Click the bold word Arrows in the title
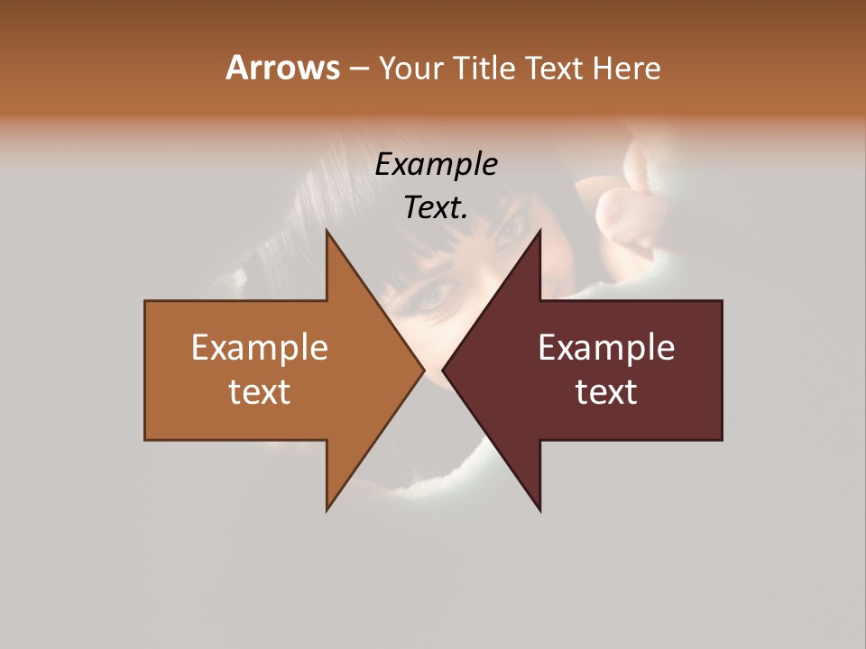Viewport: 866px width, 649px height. pos(281,68)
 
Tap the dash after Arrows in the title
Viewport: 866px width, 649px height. pos(358,69)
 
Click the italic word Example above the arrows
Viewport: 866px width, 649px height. pos(436,165)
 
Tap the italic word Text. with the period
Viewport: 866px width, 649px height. pos(436,208)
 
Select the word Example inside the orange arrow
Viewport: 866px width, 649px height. pos(259,347)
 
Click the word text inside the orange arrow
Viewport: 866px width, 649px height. pos(259,392)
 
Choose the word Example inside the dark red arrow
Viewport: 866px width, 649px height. pos(606,347)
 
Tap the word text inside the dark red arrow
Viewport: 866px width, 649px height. pos(606,392)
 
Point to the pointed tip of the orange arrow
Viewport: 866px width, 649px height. pos(423,370)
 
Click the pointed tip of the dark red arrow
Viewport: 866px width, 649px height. pos(443,370)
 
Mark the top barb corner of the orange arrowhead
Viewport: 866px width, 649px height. pos(327,231)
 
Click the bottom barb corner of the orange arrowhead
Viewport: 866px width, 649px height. pos(327,510)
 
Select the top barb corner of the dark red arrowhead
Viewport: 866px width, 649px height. pos(540,231)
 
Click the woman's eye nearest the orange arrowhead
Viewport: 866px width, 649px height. pos(435,294)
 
